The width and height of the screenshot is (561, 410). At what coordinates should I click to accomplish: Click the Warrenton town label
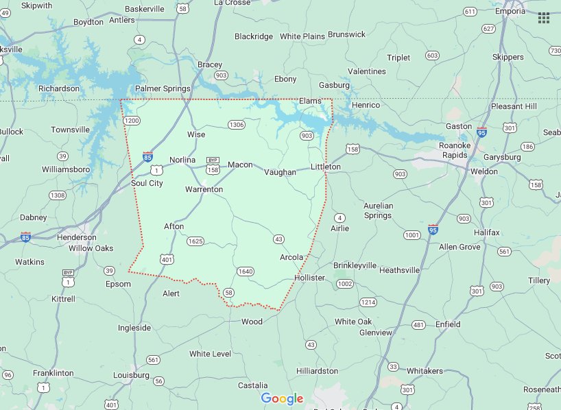click(x=204, y=189)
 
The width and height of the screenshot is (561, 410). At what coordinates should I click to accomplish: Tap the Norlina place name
click(x=182, y=160)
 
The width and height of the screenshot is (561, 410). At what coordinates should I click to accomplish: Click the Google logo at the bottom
click(x=282, y=398)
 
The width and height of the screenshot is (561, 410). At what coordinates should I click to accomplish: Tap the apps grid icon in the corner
click(x=544, y=18)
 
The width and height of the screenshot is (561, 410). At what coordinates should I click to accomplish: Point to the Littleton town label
click(x=325, y=167)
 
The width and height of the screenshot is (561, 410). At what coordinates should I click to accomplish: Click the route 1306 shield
click(x=236, y=125)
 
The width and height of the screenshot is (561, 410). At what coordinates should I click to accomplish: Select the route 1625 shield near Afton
click(x=195, y=241)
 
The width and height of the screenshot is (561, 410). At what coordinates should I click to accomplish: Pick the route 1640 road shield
click(x=246, y=272)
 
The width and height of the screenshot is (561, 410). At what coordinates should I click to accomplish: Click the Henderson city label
click(x=76, y=237)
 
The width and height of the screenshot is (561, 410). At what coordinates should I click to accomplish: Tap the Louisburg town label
click(x=131, y=375)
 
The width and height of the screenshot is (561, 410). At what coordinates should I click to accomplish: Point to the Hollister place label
click(x=309, y=278)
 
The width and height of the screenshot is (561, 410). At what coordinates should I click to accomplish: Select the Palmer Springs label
click(x=163, y=89)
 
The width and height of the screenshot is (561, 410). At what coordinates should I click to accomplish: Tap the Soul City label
click(x=147, y=183)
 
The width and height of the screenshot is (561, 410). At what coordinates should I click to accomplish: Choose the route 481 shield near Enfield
click(x=419, y=324)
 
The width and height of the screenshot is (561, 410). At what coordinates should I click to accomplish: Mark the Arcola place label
click(x=291, y=257)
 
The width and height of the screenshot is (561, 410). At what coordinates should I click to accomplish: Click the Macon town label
click(x=240, y=165)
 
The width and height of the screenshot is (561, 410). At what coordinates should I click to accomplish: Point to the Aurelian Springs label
click(x=378, y=210)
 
